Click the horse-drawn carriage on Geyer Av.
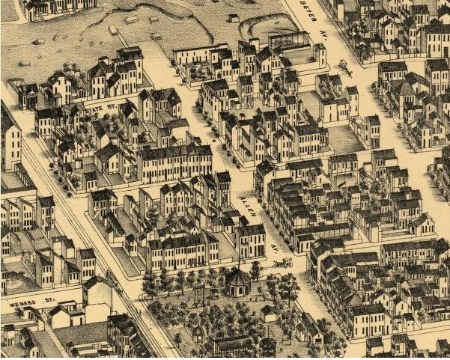[344, 67]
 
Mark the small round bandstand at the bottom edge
[267, 346]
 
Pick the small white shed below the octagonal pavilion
[267, 311]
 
